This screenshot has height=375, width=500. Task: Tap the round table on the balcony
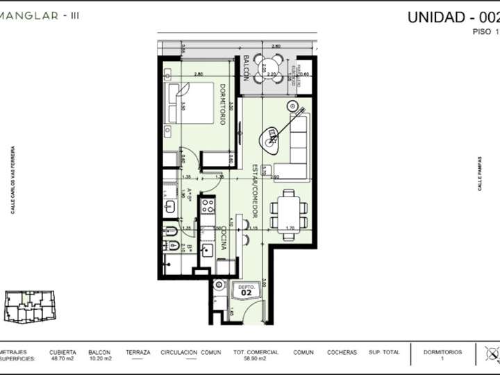(x=265, y=69)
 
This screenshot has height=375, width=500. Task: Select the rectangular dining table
(x=287, y=212)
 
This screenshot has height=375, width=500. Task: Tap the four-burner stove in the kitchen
(x=207, y=206)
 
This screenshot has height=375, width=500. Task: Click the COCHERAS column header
(x=342, y=353)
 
